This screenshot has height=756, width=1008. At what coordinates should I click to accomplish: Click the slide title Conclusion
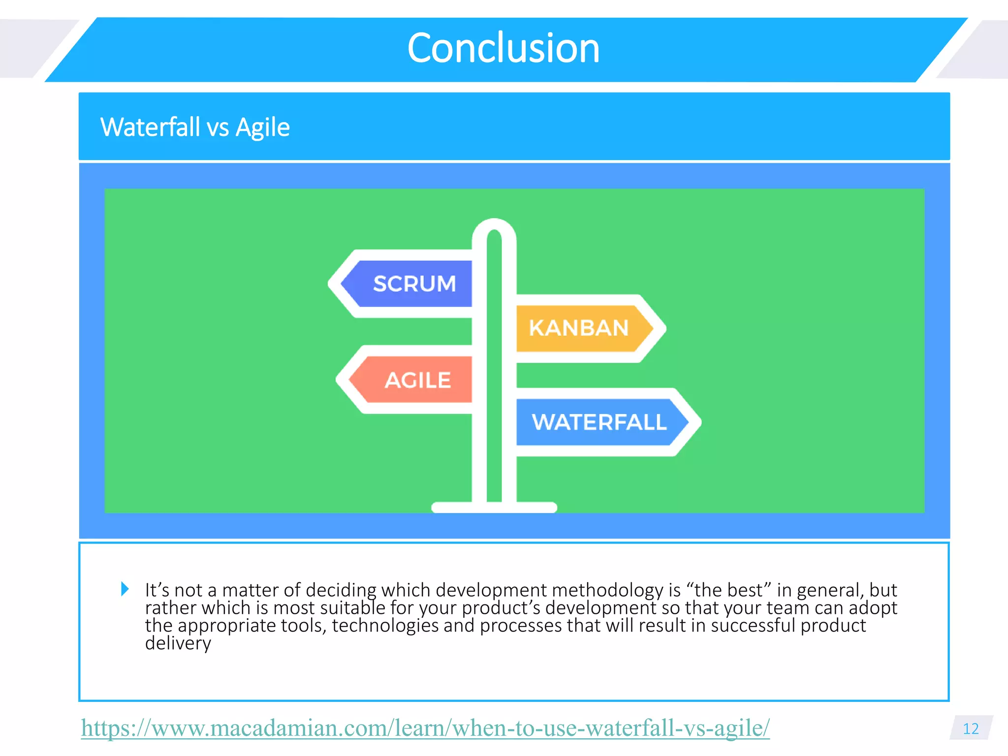(503, 48)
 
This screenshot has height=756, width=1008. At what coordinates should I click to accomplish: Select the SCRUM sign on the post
(413, 284)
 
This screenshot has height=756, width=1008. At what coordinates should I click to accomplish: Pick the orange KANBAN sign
(578, 328)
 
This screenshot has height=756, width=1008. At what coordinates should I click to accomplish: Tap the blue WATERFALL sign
(598, 422)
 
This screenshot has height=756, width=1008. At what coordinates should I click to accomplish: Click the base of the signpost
(494, 507)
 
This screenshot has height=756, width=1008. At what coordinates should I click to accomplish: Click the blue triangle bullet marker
(125, 589)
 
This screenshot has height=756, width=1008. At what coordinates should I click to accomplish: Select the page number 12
(970, 728)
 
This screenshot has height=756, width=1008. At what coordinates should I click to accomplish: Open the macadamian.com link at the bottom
(425, 728)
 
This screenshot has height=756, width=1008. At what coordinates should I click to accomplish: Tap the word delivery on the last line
(178, 643)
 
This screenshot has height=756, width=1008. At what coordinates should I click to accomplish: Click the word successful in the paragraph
(753, 626)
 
